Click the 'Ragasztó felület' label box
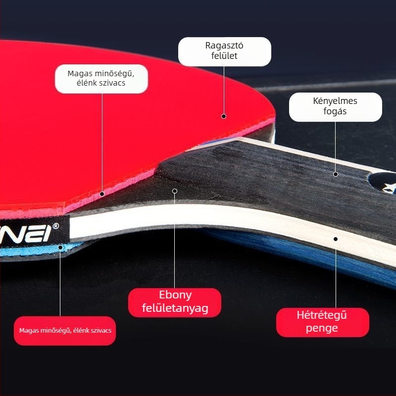225,52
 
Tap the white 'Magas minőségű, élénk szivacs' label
101,79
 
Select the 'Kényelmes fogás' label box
336,107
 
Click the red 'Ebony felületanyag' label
175,302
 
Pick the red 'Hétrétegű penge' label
323,322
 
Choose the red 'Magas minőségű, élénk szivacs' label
65,331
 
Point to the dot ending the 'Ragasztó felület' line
224,116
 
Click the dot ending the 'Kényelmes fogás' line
336,174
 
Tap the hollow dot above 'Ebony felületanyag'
175,191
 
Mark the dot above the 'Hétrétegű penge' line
336,239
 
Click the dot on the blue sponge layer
60,247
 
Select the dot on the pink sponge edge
102,194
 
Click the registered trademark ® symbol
56,226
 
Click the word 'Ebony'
175,295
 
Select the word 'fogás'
335,111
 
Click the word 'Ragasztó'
224,46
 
